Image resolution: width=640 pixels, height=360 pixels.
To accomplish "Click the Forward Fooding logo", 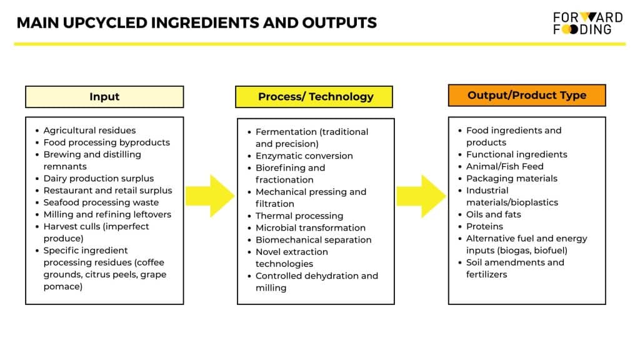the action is (x=587, y=23).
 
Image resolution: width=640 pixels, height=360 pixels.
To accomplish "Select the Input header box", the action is (x=104, y=97).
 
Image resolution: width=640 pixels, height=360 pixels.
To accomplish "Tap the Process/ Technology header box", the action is (x=314, y=97).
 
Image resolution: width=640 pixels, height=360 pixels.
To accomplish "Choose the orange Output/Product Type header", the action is (x=527, y=95).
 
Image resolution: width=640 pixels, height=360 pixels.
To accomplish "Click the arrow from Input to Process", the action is (x=210, y=196).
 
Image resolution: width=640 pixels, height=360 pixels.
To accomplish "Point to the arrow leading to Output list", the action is (x=421, y=196).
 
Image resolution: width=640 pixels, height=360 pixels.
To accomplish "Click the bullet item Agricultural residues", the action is (x=89, y=130).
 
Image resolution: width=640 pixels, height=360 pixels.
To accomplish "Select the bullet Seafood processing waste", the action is (x=101, y=202).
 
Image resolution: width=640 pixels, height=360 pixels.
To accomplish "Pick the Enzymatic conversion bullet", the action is (x=304, y=156).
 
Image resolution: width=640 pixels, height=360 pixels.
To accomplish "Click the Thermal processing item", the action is (x=299, y=216).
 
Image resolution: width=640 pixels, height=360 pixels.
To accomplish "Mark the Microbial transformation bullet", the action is (x=310, y=227).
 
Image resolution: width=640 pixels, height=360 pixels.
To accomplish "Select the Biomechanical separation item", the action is (x=314, y=239).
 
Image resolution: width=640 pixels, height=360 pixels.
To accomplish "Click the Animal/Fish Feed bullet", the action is (x=504, y=166).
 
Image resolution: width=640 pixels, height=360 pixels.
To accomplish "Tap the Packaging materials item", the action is (x=511, y=178).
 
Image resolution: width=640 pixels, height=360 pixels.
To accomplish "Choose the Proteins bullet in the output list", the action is (x=484, y=226).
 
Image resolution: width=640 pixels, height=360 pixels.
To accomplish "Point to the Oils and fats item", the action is (x=494, y=214).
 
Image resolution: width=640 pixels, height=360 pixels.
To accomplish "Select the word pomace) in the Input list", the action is (x=63, y=286).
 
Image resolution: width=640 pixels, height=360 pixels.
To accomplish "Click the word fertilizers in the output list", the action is (x=486, y=274).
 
